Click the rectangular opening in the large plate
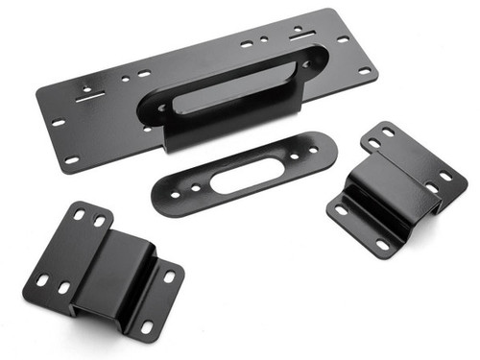click(230, 83)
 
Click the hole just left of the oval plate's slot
click(195, 187)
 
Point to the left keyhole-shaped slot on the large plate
click(88, 92)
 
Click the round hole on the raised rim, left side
click(160, 108)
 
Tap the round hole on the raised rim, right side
click(307, 65)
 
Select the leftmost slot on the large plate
click(58, 123)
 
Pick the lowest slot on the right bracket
click(382, 245)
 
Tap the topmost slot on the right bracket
click(388, 132)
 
